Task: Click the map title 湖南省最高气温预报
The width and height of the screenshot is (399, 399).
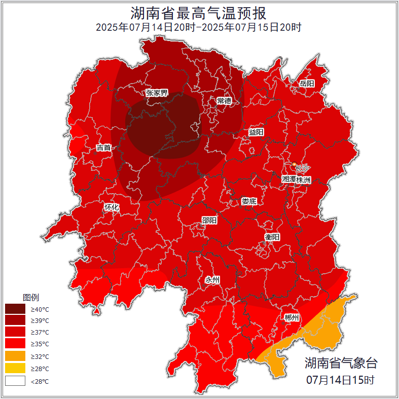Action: pyautogui.click(x=199, y=12)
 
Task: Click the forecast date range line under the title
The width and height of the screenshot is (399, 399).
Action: pyautogui.click(x=199, y=27)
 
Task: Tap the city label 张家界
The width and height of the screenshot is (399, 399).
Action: pyautogui.click(x=157, y=93)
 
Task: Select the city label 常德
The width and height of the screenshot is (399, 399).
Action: pyautogui.click(x=224, y=101)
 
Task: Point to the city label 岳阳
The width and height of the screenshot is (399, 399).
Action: pyautogui.click(x=307, y=83)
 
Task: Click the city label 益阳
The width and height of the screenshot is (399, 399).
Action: pyautogui.click(x=256, y=132)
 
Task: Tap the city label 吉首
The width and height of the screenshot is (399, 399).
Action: pyautogui.click(x=103, y=148)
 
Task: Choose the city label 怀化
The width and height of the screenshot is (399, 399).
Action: pyautogui.click(x=112, y=207)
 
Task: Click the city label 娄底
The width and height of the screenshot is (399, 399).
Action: pyautogui.click(x=249, y=201)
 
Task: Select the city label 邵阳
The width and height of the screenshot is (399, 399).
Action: pyautogui.click(x=209, y=220)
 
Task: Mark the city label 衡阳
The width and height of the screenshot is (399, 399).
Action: pyautogui.click(x=272, y=237)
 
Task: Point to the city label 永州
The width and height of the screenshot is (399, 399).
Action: pyautogui.click(x=212, y=280)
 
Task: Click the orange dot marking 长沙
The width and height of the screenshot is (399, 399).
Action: pyautogui.click(x=294, y=164)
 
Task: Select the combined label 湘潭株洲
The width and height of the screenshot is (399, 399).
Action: pyautogui.click(x=297, y=179)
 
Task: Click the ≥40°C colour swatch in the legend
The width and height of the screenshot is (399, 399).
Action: pyautogui.click(x=15, y=309)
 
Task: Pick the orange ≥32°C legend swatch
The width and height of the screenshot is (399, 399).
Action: pyautogui.click(x=15, y=356)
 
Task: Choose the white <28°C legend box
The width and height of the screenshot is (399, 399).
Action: pyautogui.click(x=15, y=381)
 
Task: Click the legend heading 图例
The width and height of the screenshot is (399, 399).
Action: pyautogui.click(x=30, y=297)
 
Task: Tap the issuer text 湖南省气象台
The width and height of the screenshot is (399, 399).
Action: pyautogui.click(x=341, y=363)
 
